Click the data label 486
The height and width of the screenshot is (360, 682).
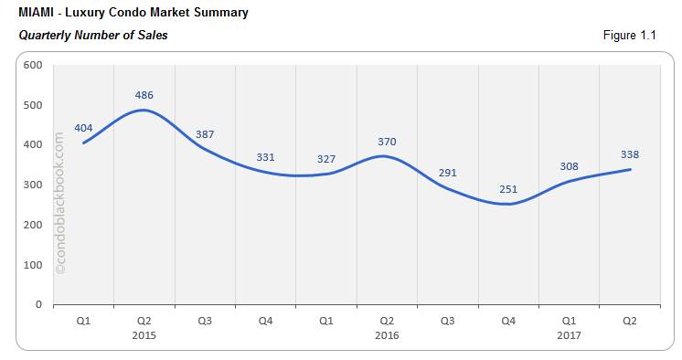tap(144, 94)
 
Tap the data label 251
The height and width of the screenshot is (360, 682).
tap(507, 189)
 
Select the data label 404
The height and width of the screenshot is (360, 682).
tap(83, 128)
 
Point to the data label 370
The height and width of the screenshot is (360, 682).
tap(386, 141)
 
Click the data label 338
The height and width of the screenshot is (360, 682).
tap(629, 154)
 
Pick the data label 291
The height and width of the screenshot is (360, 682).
tap(447, 173)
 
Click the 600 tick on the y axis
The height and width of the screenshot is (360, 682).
tap(33, 65)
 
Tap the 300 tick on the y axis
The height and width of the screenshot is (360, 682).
tap(33, 185)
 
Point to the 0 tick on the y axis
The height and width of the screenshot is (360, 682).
tap(38, 304)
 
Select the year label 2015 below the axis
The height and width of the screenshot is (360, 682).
tap(144, 335)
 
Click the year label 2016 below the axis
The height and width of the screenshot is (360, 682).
tap(386, 335)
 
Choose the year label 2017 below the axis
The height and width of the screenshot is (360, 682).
tap(569, 335)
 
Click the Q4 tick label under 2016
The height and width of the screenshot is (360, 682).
tap(507, 322)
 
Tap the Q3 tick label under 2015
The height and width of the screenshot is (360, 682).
tap(205, 322)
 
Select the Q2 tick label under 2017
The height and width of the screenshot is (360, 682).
tap(629, 322)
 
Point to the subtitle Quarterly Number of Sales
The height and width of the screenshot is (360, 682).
tap(92, 35)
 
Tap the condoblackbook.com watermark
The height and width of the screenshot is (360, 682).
tap(60, 203)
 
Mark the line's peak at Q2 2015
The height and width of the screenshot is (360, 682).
tap(144, 111)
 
